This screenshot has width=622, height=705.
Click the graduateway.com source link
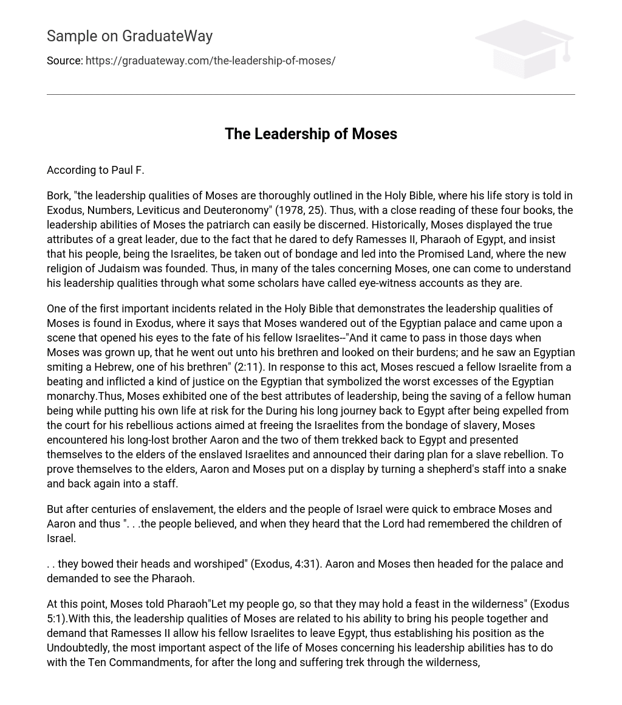tap(210, 61)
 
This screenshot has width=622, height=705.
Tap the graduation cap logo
tap(524, 49)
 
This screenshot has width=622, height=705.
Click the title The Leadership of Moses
tap(310, 134)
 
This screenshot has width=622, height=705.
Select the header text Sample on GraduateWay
tap(129, 36)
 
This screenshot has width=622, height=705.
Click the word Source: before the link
tap(64, 61)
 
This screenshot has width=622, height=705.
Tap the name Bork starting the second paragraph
tap(58, 196)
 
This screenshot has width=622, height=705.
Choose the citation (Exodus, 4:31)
tap(285, 564)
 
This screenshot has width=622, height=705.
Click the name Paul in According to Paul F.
tap(121, 170)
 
